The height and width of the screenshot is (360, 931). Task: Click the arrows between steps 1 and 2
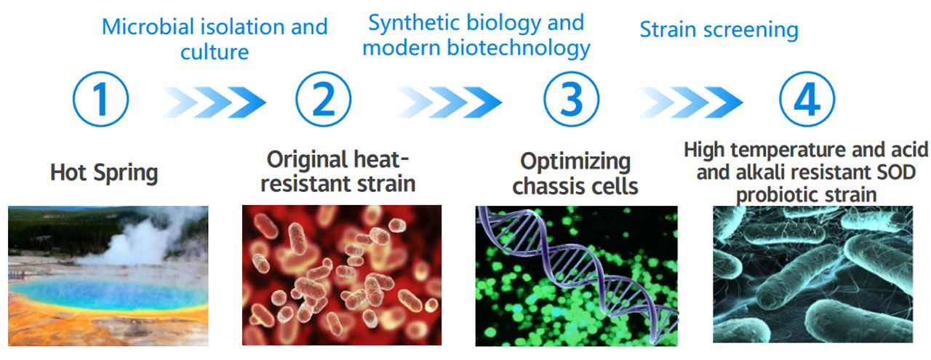pos(214,103)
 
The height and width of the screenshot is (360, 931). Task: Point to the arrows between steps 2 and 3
pos(449,103)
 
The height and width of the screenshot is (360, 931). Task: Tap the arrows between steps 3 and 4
pos(690,103)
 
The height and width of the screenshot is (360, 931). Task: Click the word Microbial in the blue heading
pos(148,27)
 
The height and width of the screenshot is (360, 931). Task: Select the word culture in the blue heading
pos(215,52)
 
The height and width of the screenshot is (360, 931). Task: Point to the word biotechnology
pos(519,48)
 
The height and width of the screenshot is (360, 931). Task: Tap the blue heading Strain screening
pos(719,30)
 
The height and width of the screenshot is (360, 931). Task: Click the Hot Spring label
pos(104,173)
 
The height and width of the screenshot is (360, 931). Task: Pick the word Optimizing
pos(575,162)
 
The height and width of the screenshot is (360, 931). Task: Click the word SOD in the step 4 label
pos(896,172)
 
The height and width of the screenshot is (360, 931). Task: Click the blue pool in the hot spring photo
pos(108,292)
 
